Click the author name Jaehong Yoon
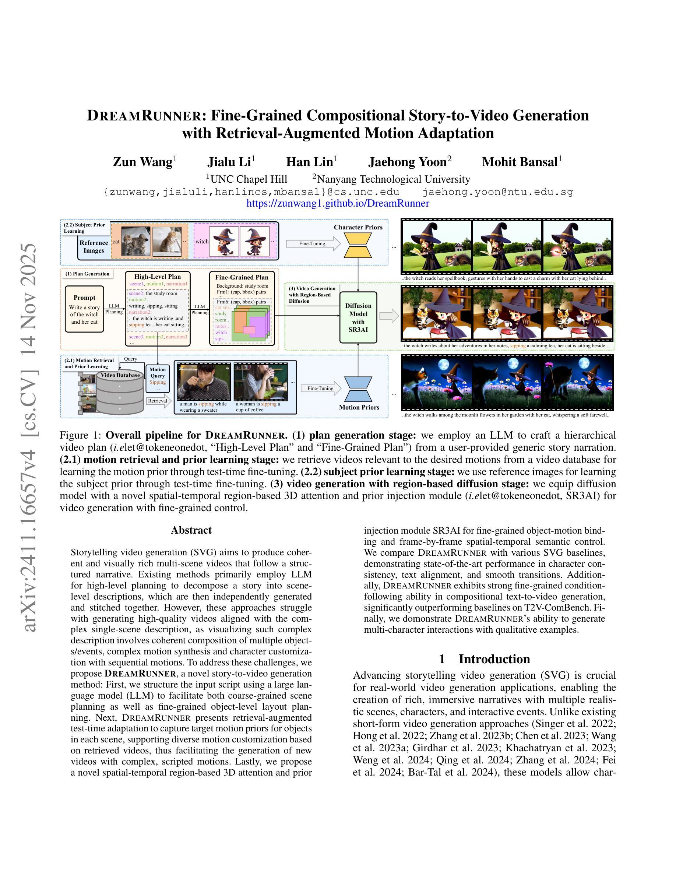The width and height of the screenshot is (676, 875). pos(407,162)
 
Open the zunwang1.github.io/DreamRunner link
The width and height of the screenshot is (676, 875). pos(338,203)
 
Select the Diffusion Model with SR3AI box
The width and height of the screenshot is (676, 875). pos(358,317)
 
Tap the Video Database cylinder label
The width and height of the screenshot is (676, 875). pos(120,375)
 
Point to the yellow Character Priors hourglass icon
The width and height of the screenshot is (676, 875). pos(358,245)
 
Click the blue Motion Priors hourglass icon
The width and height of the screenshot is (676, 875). pos(358,389)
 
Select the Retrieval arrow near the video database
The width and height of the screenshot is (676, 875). pos(159,401)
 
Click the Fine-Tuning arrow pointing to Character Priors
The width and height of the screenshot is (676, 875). pos(312,243)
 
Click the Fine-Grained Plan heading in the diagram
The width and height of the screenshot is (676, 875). pos(242,277)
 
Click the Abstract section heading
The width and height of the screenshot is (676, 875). pos(191,530)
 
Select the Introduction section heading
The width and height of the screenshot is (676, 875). pos(484,659)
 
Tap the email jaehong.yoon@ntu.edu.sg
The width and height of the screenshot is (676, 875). pos(498,192)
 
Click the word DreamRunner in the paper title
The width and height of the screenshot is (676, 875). pos(144,115)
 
